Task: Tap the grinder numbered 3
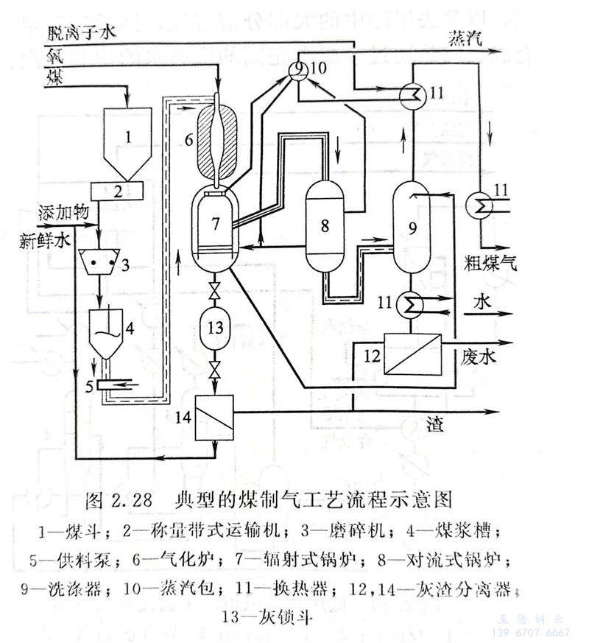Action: tap(105, 261)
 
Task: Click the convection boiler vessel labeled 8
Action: tap(324, 225)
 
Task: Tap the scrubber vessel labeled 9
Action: tap(412, 228)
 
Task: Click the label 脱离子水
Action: tap(79, 33)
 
